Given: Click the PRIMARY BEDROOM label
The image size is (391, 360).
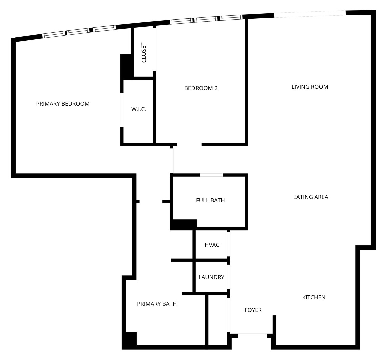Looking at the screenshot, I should click(63, 104).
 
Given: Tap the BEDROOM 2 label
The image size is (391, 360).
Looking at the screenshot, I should click(201, 88).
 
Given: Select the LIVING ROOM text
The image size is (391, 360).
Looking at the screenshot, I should click(310, 87).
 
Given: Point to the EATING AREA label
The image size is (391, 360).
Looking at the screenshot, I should click(310, 197).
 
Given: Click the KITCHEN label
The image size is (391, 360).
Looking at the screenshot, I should click(314, 297).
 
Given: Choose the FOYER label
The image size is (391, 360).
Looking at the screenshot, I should click(253, 310).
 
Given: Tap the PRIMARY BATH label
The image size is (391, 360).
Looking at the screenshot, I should click(157, 304).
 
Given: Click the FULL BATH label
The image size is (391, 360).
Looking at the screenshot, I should click(210, 200).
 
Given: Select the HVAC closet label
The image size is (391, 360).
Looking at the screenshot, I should click(212, 245).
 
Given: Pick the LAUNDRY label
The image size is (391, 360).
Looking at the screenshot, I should click(211, 277).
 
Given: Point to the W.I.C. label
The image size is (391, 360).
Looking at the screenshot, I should click(139, 109).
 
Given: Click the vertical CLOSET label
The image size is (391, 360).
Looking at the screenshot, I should click(144, 53).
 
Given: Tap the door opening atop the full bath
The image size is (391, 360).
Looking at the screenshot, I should click(211, 175).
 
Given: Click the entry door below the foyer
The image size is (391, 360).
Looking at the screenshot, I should click(252, 334).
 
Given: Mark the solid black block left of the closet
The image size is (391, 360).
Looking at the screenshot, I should click(127, 66).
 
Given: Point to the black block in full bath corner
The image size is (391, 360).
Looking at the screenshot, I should click(184, 224).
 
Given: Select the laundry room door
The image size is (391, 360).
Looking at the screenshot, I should click(229, 277).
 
